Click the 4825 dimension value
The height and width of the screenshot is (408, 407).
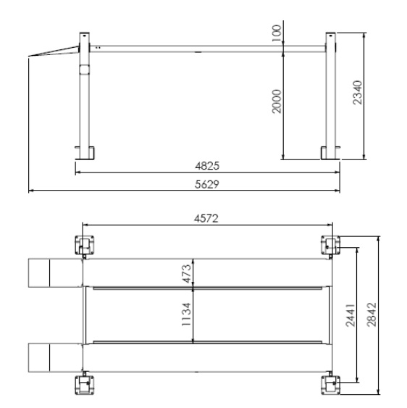point(206,166)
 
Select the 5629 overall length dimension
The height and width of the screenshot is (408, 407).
point(206,184)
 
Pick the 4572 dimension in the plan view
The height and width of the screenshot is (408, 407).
point(206,216)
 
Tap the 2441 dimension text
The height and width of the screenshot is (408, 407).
point(350,313)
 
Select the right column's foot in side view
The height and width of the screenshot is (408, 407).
point(331,152)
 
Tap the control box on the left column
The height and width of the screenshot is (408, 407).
point(83,70)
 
